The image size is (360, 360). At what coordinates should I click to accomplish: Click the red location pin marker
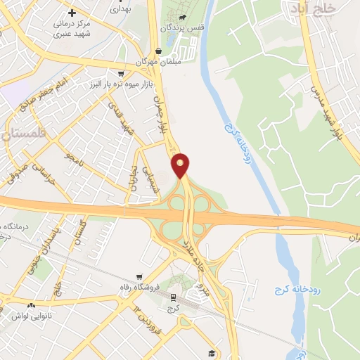click(x=181, y=165)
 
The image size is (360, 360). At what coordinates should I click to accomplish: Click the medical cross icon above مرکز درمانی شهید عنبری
click(x=72, y=13)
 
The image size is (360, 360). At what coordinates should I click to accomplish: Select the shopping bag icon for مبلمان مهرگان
click(x=158, y=51)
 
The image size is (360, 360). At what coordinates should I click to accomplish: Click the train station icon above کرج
click(x=173, y=297)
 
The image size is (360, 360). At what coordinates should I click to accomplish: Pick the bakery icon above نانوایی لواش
click(x=31, y=305)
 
